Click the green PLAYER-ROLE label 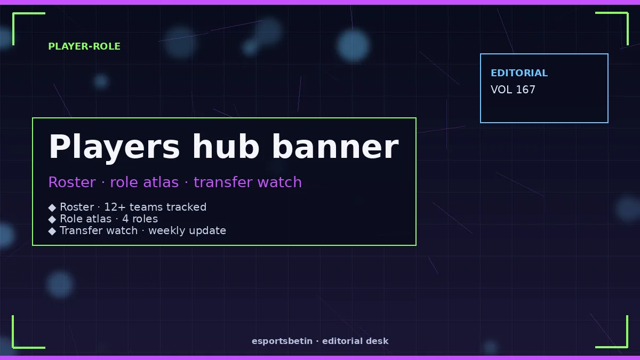pyautogui.click(x=84, y=46)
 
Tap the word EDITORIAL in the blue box pyautogui.click(x=519, y=73)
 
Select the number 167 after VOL pyautogui.click(x=526, y=90)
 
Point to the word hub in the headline pyautogui.click(x=226, y=147)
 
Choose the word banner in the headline pyautogui.click(x=335, y=147)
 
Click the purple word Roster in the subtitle pyautogui.click(x=72, y=182)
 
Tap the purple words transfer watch pyautogui.click(x=247, y=182)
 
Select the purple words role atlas pyautogui.click(x=145, y=182)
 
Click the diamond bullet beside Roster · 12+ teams pyautogui.click(x=52, y=207)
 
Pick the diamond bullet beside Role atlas pyautogui.click(x=52, y=219)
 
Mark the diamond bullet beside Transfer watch pyautogui.click(x=52, y=231)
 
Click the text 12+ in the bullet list pyautogui.click(x=115, y=207)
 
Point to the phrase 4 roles pyautogui.click(x=140, y=219)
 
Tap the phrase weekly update pyautogui.click(x=187, y=230)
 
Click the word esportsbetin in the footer pyautogui.click(x=282, y=341)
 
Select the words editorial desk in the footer pyautogui.click(x=355, y=341)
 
